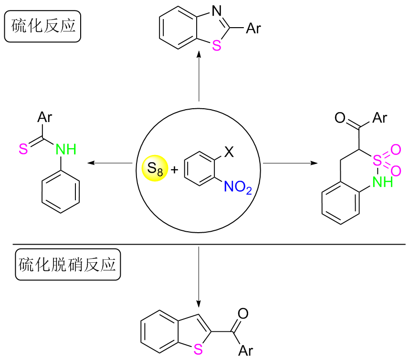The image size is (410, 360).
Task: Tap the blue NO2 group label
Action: coord(238,187)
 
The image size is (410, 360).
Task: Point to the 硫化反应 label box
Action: coord(42,26)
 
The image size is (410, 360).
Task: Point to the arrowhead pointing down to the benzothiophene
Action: coord(199,303)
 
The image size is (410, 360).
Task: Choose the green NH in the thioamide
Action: coord(66,150)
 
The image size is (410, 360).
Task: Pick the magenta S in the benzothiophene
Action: coord(199,349)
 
